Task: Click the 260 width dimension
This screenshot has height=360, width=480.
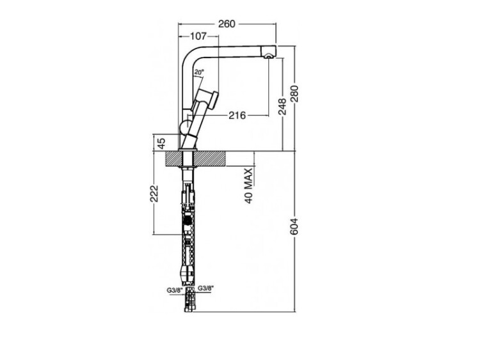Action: point(227,24)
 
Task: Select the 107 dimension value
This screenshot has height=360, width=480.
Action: point(198,36)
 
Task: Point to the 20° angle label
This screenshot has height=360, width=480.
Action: point(198,72)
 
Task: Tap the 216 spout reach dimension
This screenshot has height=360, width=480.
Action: point(237,115)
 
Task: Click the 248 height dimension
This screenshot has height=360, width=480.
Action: point(282,106)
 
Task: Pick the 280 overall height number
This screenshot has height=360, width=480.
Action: point(294,94)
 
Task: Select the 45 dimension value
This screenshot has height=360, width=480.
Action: point(161,143)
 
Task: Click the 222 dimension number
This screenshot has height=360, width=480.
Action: point(154,193)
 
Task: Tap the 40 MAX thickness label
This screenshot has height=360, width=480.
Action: point(249,185)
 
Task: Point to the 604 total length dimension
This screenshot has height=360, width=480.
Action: point(294,226)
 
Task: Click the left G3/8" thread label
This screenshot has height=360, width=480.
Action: point(175,290)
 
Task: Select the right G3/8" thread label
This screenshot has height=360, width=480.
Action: point(205,288)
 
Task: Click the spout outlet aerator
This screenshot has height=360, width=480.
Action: point(268,56)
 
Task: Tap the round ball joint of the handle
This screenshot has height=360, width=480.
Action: point(186,128)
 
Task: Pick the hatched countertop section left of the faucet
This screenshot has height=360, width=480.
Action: point(173,159)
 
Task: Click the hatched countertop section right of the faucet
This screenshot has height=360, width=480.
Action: point(210,159)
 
